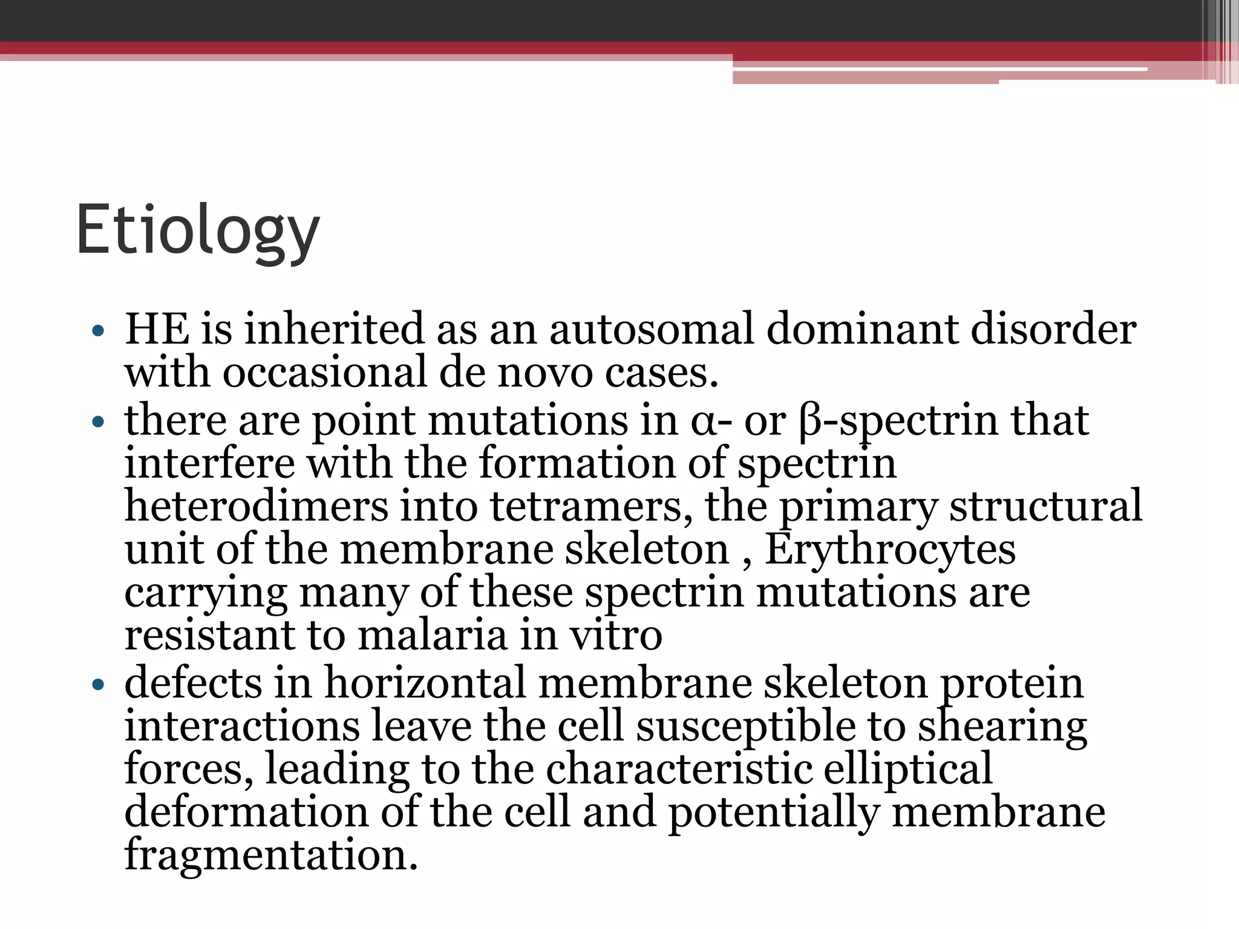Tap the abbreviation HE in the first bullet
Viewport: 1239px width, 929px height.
(x=157, y=330)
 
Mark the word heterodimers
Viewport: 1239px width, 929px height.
(x=256, y=506)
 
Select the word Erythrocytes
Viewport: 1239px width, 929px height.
(x=890, y=550)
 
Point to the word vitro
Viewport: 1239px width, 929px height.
(x=616, y=636)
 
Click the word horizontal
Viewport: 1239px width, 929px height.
(x=425, y=683)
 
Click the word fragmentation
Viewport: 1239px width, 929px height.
(x=271, y=855)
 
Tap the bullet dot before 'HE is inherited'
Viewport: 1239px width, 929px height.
(x=98, y=331)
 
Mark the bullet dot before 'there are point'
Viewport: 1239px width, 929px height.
(x=98, y=422)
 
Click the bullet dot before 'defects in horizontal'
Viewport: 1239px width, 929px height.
(x=98, y=685)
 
